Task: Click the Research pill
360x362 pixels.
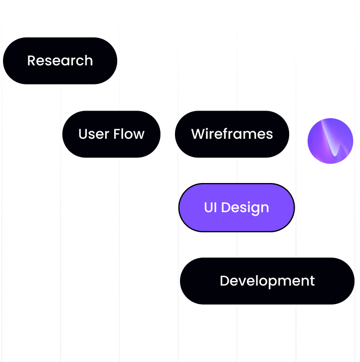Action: pos(60,61)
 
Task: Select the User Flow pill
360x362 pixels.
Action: pos(111,134)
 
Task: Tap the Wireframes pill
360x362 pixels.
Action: pos(232,134)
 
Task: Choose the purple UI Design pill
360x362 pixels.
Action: pos(236,208)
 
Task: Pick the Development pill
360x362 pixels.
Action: pos(267,281)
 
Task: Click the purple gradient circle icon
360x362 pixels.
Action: pos(330,141)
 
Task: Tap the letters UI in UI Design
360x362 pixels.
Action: pos(210,208)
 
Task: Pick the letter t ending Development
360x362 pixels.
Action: pos(312,281)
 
